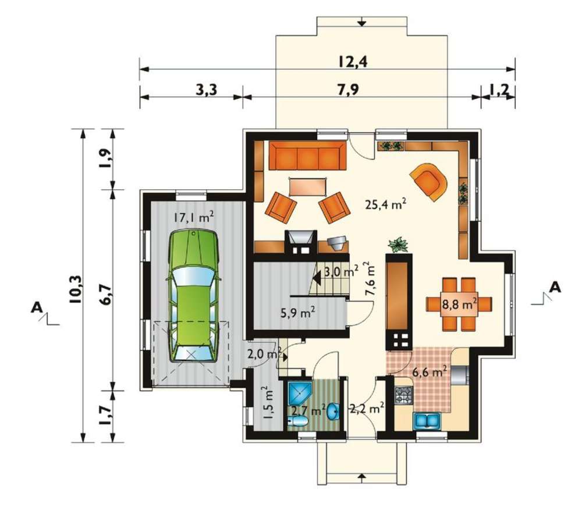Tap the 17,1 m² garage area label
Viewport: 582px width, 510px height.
pos(194,217)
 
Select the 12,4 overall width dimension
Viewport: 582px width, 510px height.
pos(352,61)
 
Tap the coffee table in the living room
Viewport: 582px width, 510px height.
pos(308,187)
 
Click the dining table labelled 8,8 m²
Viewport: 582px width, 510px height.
pos(459,304)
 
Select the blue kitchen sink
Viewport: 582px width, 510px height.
pos(427,420)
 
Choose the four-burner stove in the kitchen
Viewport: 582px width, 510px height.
pos(403,395)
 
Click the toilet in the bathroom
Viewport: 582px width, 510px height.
pos(298,422)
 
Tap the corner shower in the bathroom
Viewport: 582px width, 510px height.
pos(299,394)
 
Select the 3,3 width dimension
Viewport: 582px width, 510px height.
pos(206,90)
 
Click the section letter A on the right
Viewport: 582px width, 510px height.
pos(555,287)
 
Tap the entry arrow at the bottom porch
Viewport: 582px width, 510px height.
pos(362,476)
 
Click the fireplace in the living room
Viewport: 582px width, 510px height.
pos(301,242)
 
